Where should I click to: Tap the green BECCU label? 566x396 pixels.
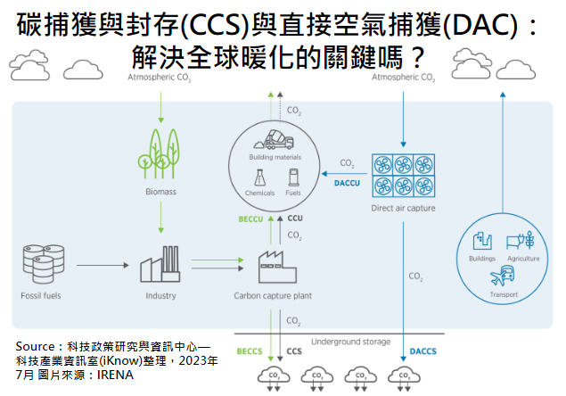tap(250, 218)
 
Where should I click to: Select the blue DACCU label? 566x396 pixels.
tap(345, 179)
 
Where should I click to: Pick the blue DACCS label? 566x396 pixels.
tap(422, 351)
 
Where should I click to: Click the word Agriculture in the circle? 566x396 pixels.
tap(523, 259)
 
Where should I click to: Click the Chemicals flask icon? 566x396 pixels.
tap(259, 177)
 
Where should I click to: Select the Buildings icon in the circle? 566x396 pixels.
tap(481, 241)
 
